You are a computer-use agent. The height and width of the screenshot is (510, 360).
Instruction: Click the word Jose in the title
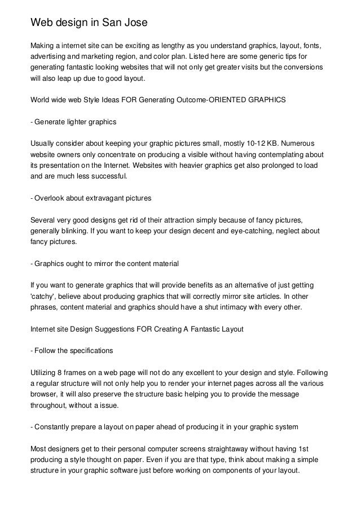(x=134, y=23)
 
